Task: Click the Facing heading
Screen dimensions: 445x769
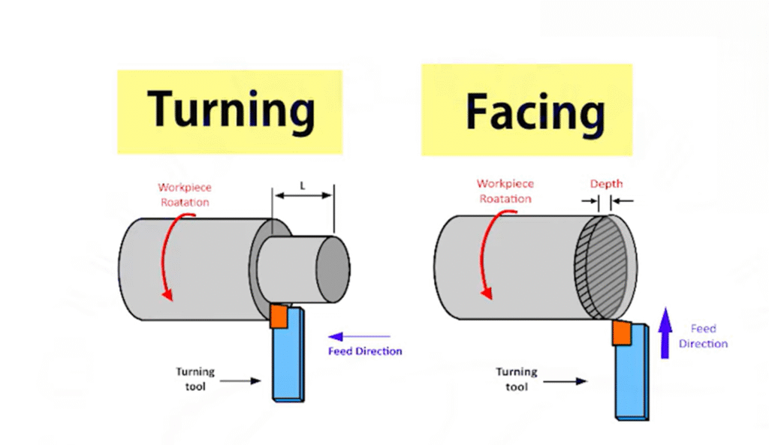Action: pos(535,112)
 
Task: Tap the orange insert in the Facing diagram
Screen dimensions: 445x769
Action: pos(622,332)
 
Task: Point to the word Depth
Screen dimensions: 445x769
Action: pos(605,184)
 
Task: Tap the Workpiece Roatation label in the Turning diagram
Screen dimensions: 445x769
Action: pos(183,194)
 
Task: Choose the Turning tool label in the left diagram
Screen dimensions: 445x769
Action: pos(196,378)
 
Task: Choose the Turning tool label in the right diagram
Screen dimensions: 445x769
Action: pos(517,378)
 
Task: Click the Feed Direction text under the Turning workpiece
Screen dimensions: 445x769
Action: pos(365,351)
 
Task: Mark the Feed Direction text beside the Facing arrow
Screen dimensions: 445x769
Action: pos(704,336)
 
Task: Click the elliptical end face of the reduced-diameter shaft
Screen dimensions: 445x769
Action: pos(332,269)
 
